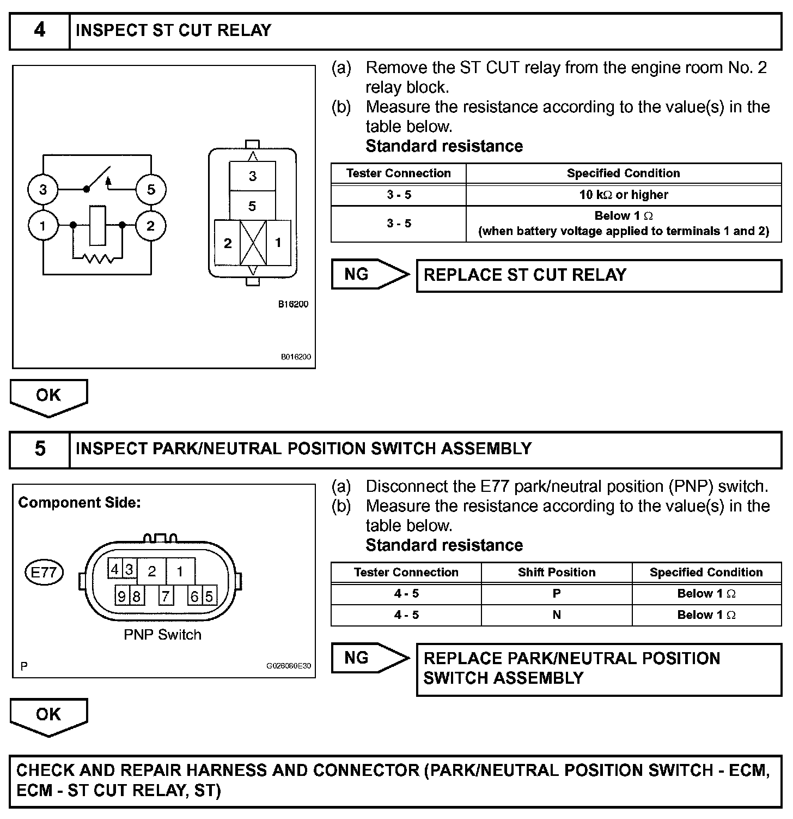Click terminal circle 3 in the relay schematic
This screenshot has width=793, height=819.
pos(43,189)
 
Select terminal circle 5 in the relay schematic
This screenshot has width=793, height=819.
pos(151,189)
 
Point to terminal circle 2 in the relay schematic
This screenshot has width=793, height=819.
pos(150,225)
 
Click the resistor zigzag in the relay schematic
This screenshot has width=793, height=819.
pos(99,258)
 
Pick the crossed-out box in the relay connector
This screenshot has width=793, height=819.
pos(253,243)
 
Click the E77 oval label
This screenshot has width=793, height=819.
pos(44,573)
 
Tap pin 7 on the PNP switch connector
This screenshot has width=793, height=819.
pos(166,596)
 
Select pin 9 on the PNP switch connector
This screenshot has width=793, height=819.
pos(121,596)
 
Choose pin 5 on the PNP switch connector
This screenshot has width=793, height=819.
pos(209,596)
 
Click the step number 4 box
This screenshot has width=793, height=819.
pos(40,31)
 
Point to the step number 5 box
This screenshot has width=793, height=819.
pos(40,449)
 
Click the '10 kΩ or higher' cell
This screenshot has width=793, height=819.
pos(624,195)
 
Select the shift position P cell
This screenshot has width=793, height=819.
pos(556,593)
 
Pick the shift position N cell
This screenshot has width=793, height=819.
pos(556,615)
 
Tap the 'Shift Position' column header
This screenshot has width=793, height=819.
pos(556,572)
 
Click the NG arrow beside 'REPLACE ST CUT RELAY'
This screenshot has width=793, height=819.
pos(369,274)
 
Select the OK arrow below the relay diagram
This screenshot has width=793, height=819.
pos(48,396)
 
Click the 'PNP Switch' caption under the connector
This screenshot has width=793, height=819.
pos(162,635)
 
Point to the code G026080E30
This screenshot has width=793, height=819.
pos(288,666)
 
